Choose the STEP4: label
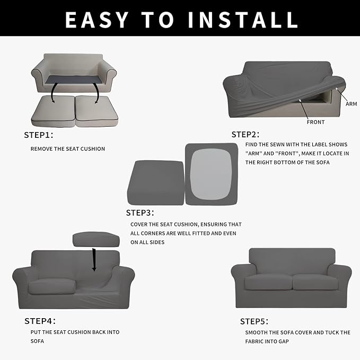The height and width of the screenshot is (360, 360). [40, 321]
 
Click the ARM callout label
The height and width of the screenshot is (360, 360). [351, 104]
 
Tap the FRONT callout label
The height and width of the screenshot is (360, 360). [315, 122]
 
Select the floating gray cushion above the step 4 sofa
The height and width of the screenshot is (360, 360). [96, 239]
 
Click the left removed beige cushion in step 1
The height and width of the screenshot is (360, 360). [53, 111]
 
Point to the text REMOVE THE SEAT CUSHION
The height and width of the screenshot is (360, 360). [68, 149]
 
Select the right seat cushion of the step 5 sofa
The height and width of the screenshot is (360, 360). [315, 282]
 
